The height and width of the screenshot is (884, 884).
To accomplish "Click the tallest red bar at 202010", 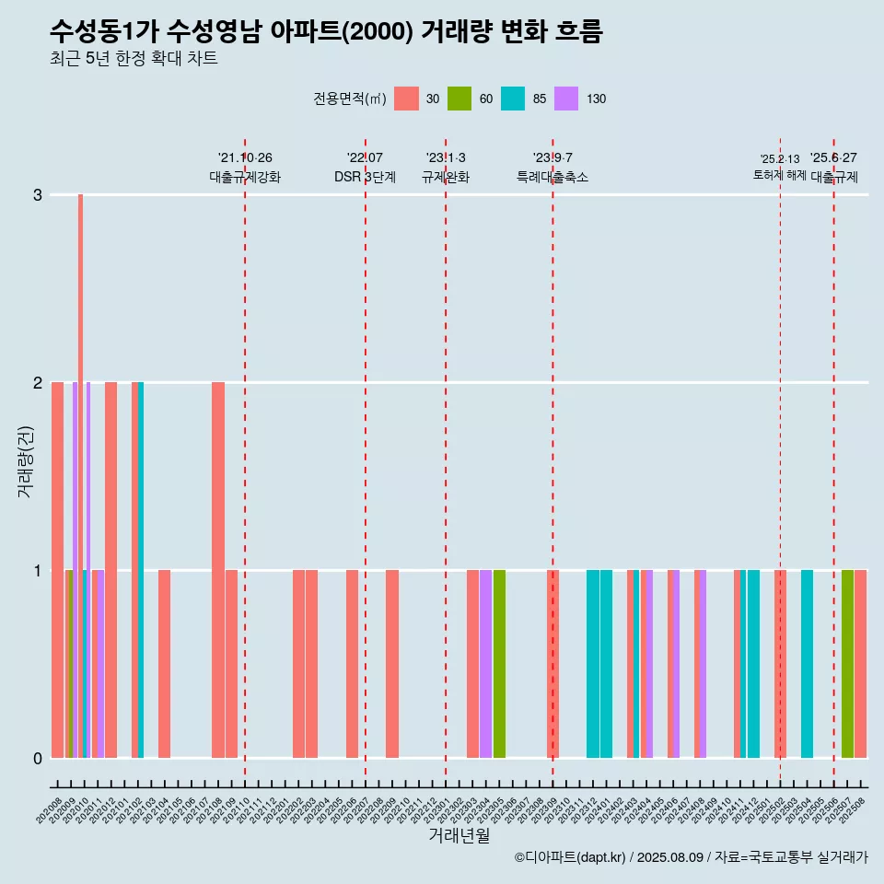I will pyautogui.click(x=81, y=475).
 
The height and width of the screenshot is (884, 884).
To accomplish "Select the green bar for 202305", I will pyautogui.click(x=499, y=664).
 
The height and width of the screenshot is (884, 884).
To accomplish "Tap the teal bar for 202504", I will pyautogui.click(x=807, y=664).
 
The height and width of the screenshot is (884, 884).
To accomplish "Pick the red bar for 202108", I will pyautogui.click(x=218, y=569).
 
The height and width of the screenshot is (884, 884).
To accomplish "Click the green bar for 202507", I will pyautogui.click(x=847, y=664).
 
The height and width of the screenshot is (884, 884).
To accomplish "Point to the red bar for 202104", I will pyautogui.click(x=165, y=664).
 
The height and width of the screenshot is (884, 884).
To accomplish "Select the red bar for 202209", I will pyautogui.click(x=392, y=664).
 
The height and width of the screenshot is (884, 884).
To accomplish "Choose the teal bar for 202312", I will pyautogui.click(x=593, y=664).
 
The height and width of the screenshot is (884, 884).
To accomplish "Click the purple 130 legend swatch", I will pyautogui.click(x=566, y=99).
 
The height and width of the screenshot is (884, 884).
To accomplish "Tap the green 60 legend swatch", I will pyautogui.click(x=459, y=99).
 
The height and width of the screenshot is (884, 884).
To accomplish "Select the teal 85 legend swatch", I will pyautogui.click(x=513, y=99).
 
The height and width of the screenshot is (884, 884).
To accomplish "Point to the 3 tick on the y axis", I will pyautogui.click(x=38, y=195).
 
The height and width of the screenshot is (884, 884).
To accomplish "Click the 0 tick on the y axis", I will pyautogui.click(x=38, y=759).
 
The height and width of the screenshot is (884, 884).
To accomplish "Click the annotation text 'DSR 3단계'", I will pyautogui.click(x=365, y=178).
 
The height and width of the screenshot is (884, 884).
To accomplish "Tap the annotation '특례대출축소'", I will pyautogui.click(x=552, y=178).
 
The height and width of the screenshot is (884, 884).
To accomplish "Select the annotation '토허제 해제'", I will pyautogui.click(x=779, y=175).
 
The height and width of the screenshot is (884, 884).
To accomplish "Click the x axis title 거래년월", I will pyautogui.click(x=459, y=835).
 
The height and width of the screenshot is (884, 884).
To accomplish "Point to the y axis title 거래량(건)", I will pyautogui.click(x=26, y=460).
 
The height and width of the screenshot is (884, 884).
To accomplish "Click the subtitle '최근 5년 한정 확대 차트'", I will pyautogui.click(x=134, y=60).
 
